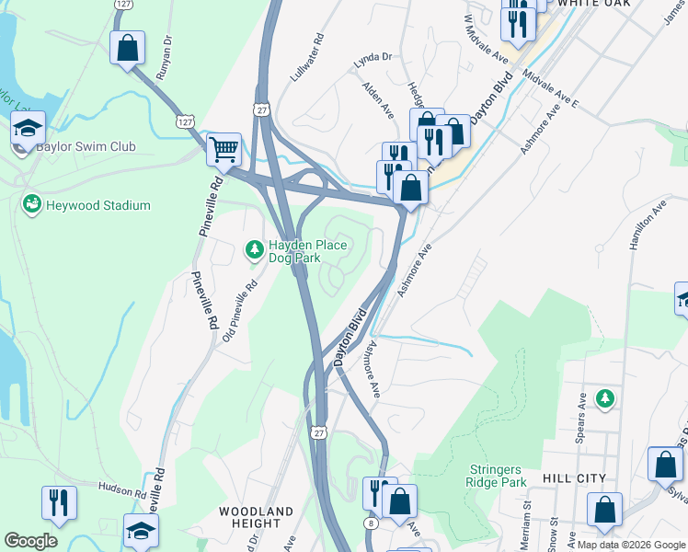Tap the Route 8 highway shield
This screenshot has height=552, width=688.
[x=370, y=523]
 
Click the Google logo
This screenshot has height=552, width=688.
[x=30, y=541]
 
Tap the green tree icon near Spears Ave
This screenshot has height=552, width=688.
[x=604, y=398]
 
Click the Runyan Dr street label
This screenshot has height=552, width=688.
[x=165, y=58]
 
